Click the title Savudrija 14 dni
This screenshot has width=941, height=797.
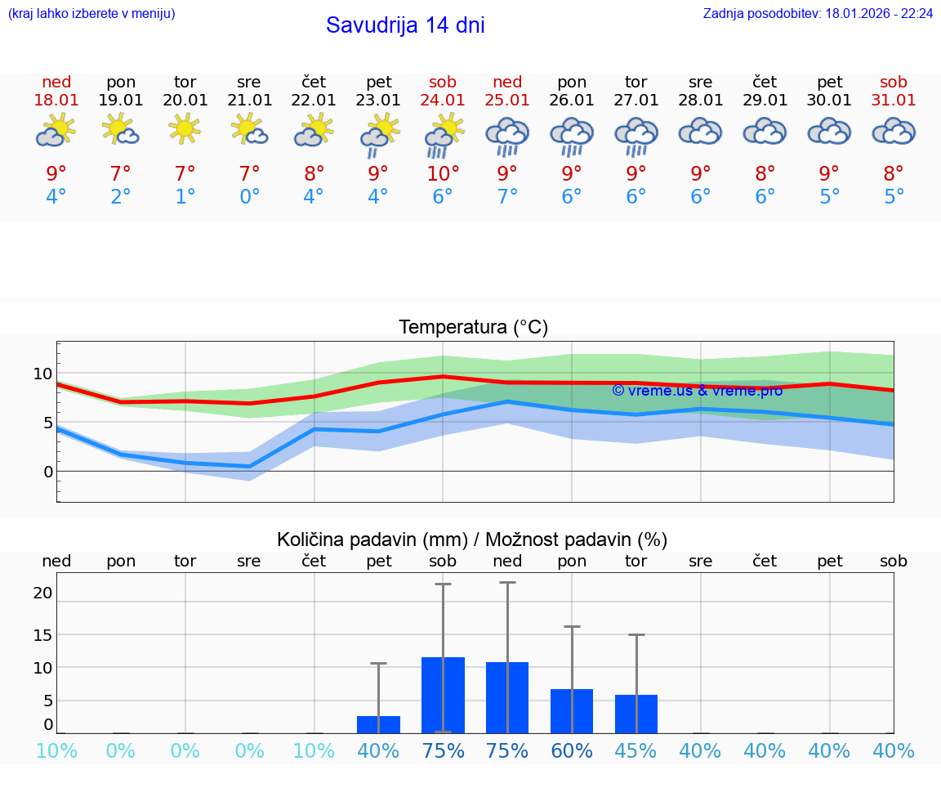(405, 25)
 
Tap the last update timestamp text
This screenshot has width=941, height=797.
(818, 14)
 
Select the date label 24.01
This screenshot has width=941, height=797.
(443, 100)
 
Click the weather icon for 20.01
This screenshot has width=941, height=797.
(185, 129)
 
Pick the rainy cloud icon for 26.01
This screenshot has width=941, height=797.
(572, 135)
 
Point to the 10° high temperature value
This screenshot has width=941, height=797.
(443, 173)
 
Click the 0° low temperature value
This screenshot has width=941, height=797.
(249, 197)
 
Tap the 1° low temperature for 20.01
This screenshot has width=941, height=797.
(185, 197)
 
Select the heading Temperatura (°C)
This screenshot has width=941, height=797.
(473, 328)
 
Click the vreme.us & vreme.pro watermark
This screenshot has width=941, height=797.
(697, 391)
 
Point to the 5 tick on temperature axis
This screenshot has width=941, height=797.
(47, 423)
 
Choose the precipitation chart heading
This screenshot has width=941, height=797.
(472, 540)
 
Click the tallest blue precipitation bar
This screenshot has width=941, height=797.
(443, 695)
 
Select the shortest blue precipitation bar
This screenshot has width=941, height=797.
(378, 724)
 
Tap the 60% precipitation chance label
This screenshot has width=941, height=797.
(572, 751)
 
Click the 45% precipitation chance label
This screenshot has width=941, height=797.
(636, 751)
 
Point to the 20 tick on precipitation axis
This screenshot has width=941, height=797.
(43, 593)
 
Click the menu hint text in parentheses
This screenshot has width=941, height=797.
(91, 14)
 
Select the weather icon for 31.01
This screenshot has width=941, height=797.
(894, 131)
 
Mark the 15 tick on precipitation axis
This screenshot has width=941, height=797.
(43, 635)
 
